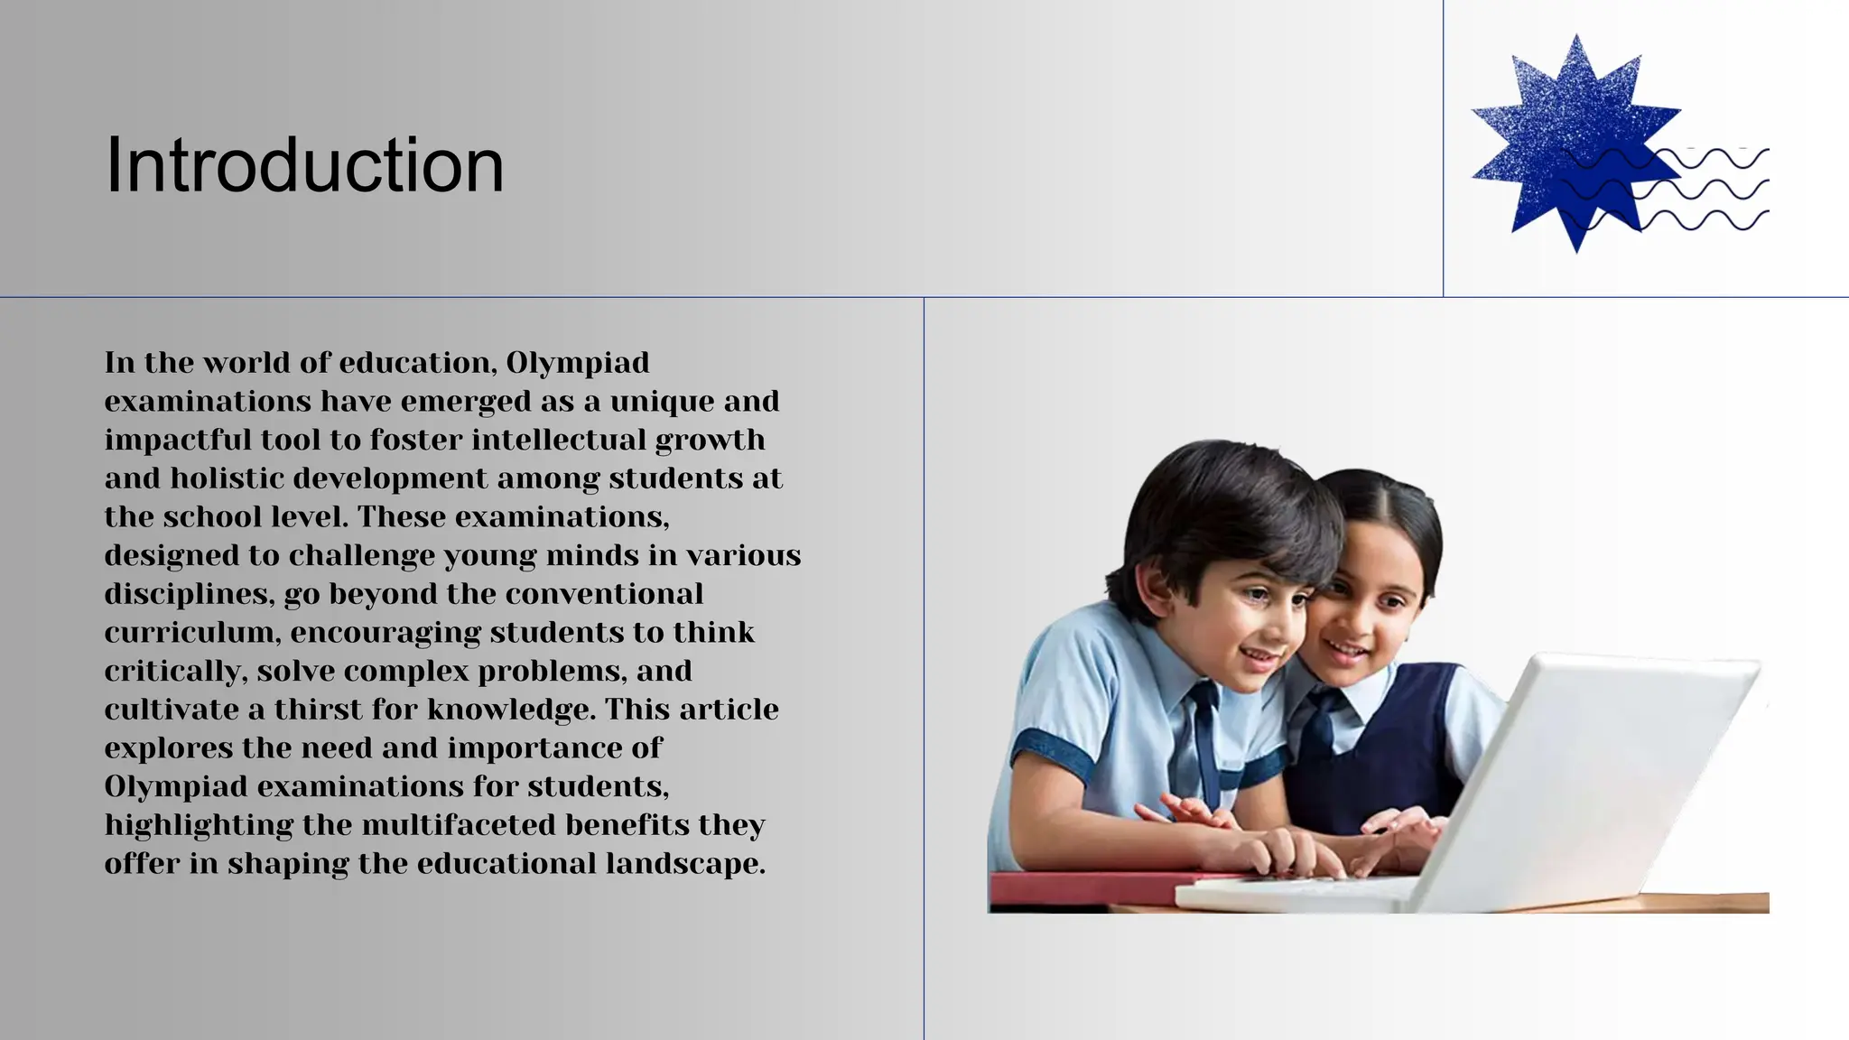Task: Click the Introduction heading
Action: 304,165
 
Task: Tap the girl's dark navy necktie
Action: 1322,722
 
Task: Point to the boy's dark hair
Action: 1219,506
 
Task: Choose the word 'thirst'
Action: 318,710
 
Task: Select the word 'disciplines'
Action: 188,594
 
